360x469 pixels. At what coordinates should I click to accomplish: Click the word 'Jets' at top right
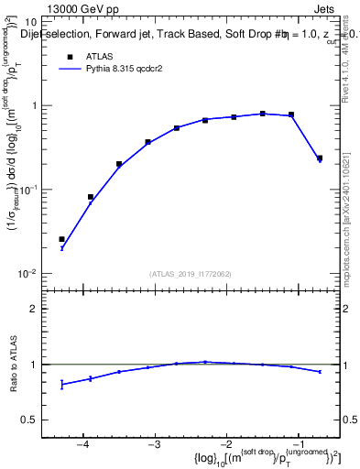coord(325,7)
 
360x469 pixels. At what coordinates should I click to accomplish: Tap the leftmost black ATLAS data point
coord(62,239)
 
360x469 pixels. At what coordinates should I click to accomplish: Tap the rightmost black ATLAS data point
coord(320,158)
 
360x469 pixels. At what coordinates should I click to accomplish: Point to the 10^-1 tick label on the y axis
coord(28,190)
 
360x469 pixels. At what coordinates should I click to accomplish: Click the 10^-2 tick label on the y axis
coord(28,274)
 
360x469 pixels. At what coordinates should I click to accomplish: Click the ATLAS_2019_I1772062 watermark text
coord(191,273)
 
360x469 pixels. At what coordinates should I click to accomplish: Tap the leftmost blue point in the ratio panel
coord(62,385)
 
